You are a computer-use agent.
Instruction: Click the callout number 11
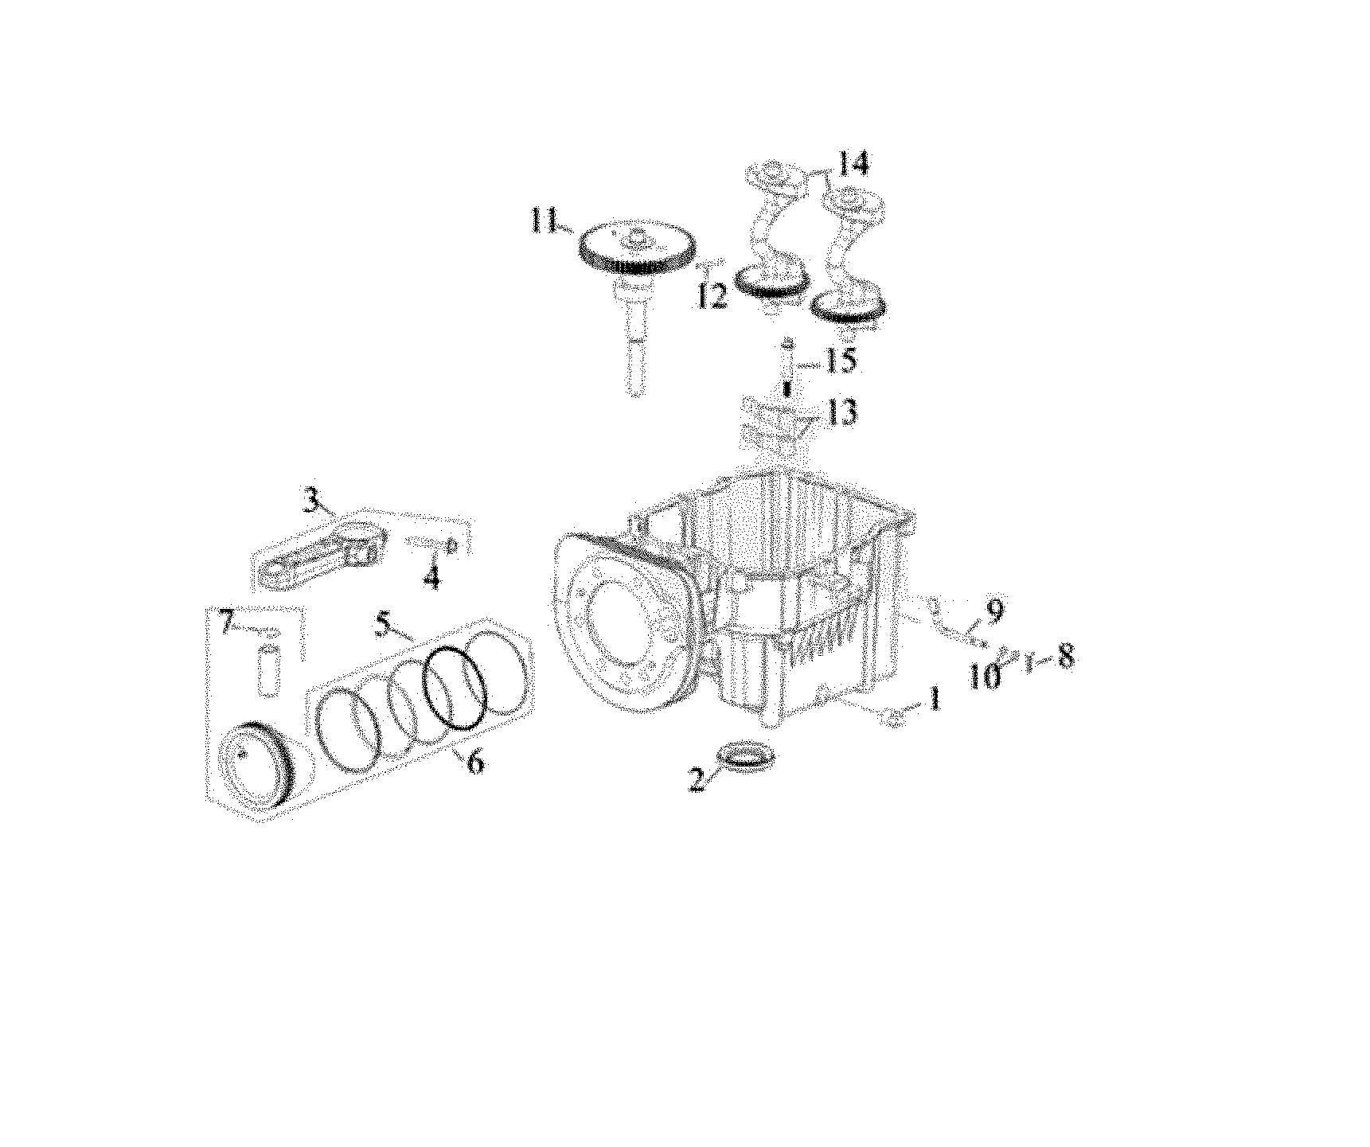(547, 220)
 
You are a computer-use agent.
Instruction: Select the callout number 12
(711, 296)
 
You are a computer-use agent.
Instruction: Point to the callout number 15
(839, 361)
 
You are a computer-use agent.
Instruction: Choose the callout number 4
(431, 577)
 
